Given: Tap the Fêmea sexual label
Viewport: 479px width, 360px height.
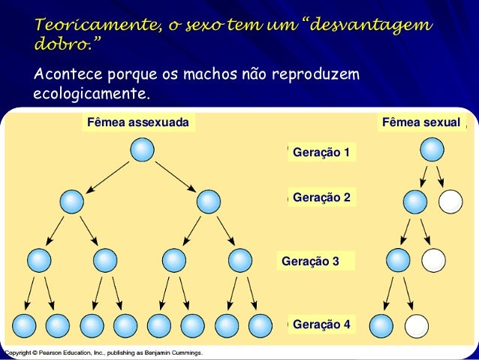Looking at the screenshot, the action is tap(420, 123).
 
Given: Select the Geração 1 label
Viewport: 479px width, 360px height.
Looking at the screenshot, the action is tap(321, 153).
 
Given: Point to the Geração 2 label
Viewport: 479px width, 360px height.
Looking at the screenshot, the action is tap(321, 198).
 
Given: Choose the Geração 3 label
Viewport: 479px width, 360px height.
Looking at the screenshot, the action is tap(310, 262).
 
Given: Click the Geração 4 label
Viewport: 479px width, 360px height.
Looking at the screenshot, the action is tap(321, 325).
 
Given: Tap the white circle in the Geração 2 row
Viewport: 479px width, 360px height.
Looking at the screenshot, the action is tap(450, 201).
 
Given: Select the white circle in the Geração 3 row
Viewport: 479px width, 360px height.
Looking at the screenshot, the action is tap(433, 260).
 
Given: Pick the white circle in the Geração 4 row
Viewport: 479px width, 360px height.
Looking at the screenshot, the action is tap(416, 325).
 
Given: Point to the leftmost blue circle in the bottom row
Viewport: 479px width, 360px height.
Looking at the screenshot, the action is tap(24, 325).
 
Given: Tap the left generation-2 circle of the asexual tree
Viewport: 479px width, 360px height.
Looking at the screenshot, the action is tap(72, 201).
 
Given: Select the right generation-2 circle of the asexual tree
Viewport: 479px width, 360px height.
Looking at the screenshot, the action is tap(208, 201).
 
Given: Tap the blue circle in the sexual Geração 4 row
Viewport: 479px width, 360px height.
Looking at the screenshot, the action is tap(382, 325).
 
